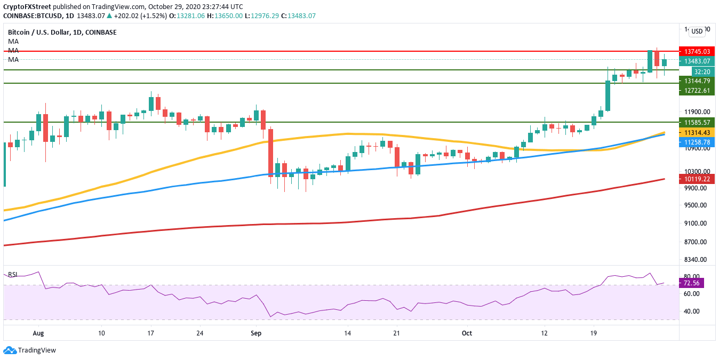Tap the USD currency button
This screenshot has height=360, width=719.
pos(697,31)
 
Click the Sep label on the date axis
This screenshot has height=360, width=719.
pos(255,333)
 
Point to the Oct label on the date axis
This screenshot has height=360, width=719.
pos(467,333)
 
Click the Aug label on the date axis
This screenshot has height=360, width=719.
pos(38,333)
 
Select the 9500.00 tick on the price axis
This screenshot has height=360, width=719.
pos(695,205)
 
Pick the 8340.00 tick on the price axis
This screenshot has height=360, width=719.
pos(695,260)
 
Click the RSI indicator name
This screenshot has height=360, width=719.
pos(13,275)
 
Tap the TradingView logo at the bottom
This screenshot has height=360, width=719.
pos(30,350)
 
